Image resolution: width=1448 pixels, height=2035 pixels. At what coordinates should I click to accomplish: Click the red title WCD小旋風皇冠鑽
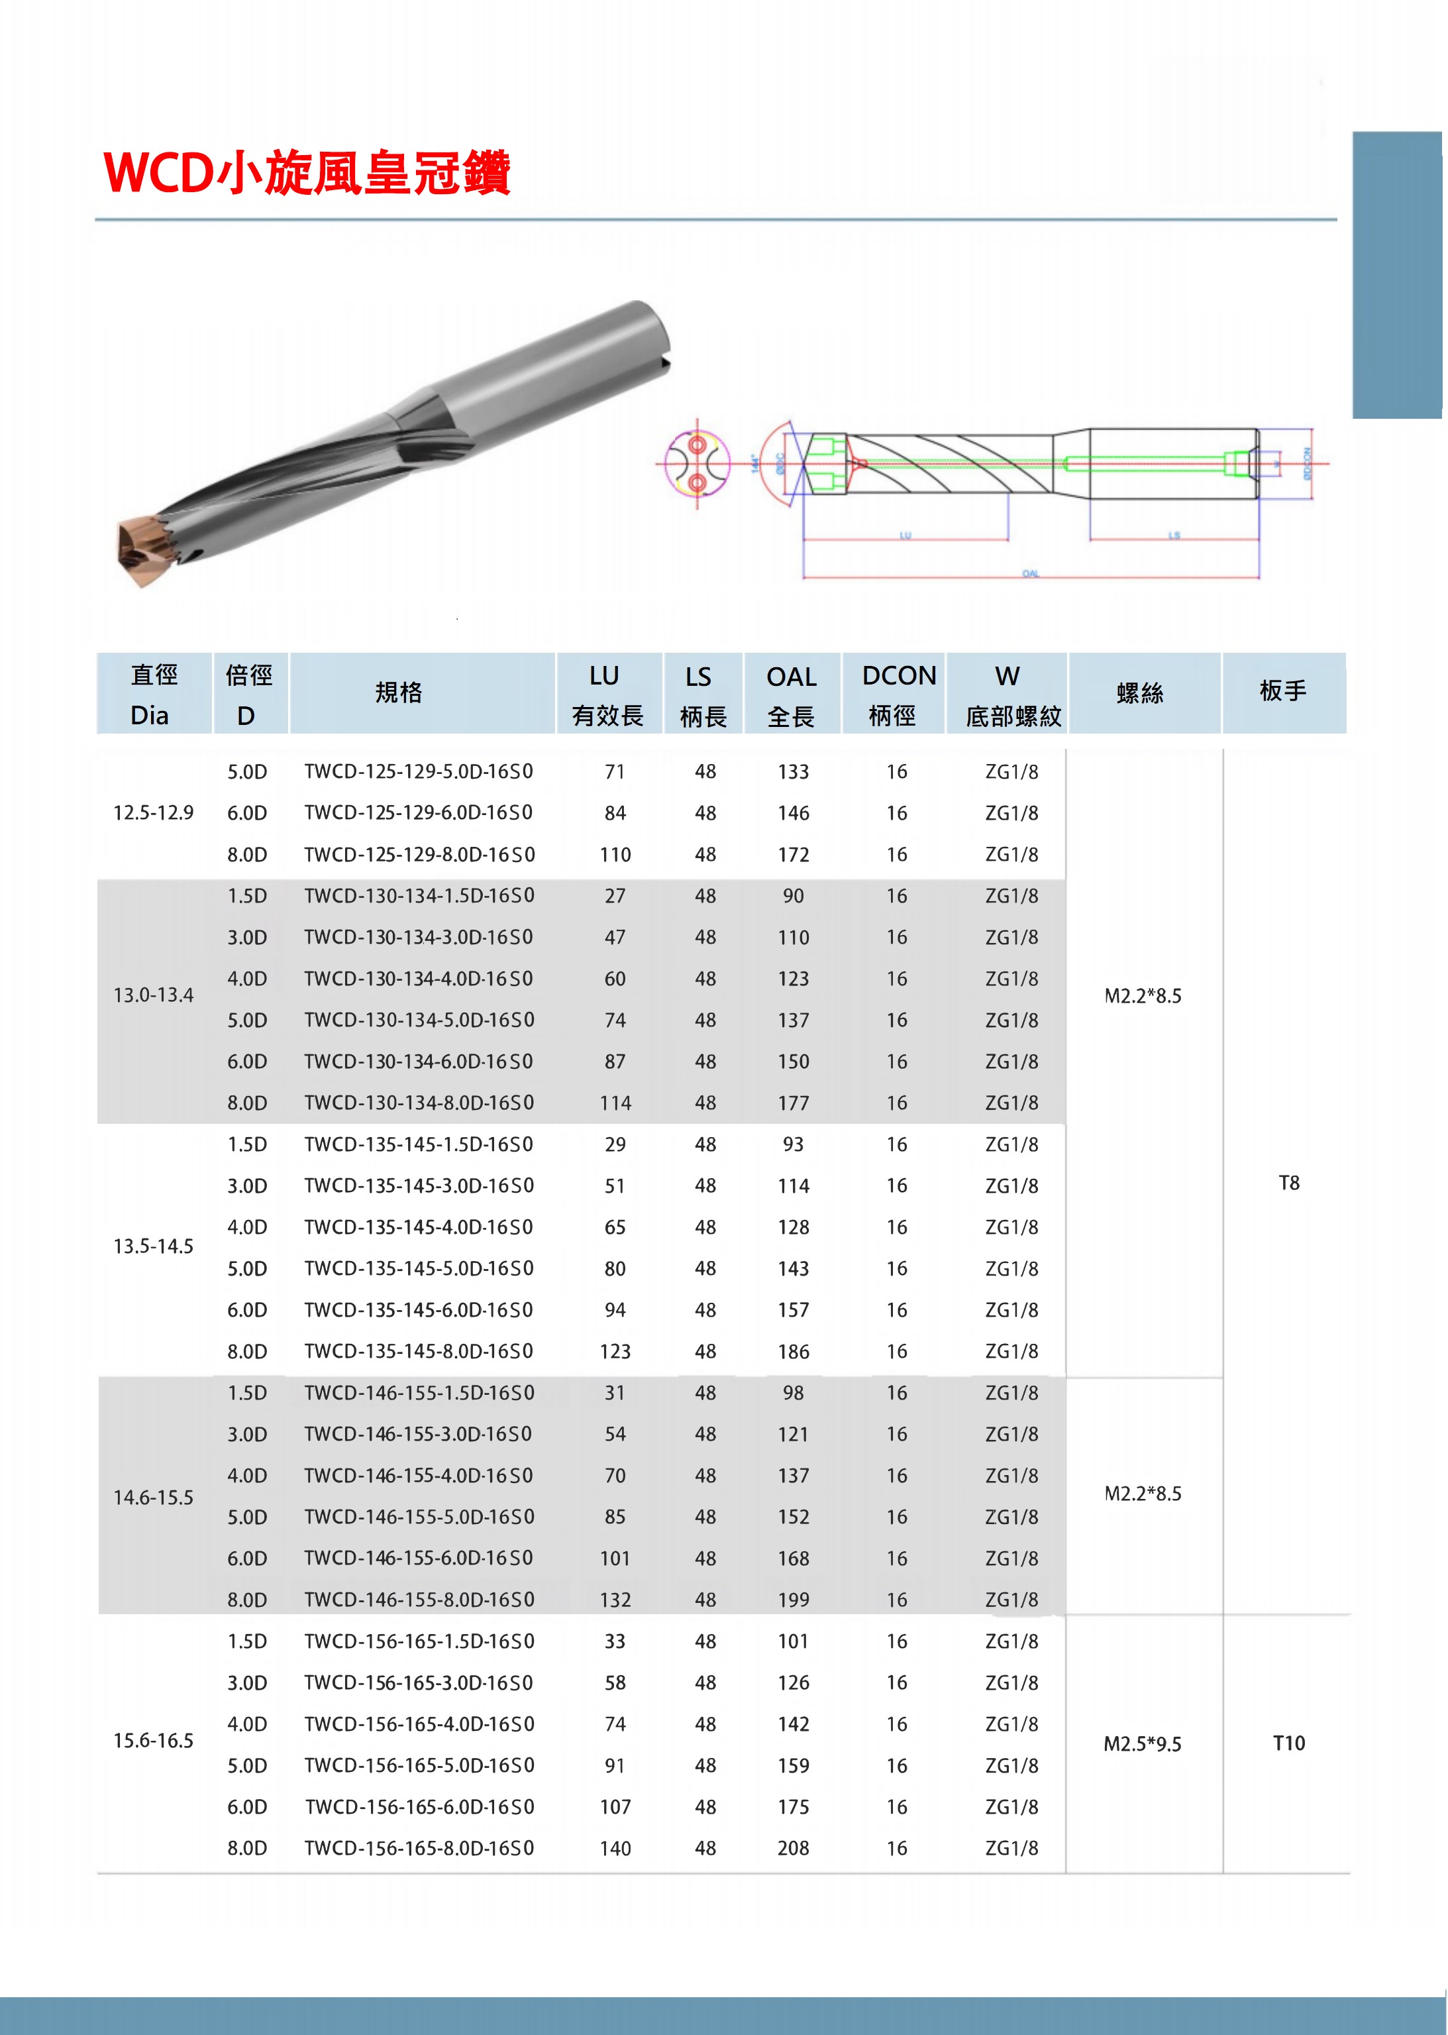tap(307, 172)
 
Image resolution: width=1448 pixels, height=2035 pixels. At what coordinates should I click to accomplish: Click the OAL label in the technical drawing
tap(1030, 573)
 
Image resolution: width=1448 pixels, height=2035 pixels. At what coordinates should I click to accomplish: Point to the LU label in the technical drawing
tap(905, 535)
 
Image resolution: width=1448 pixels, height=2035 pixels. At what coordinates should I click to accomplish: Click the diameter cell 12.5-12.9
tap(154, 812)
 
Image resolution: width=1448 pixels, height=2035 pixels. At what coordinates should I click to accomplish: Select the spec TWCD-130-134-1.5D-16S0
tap(419, 896)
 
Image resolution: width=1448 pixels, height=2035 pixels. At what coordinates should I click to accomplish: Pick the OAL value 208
tap(793, 1847)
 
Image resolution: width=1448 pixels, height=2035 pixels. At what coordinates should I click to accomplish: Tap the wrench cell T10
tap(1288, 1743)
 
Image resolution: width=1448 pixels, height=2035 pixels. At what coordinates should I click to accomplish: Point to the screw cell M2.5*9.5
tap(1142, 1744)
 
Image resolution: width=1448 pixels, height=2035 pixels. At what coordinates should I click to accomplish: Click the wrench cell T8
tap(1288, 1183)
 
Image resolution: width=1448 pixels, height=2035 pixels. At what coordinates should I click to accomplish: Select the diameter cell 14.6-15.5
tap(154, 1498)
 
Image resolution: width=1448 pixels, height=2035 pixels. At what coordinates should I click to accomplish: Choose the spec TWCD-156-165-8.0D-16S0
tap(419, 1847)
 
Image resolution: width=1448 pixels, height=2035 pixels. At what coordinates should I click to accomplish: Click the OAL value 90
tap(793, 896)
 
